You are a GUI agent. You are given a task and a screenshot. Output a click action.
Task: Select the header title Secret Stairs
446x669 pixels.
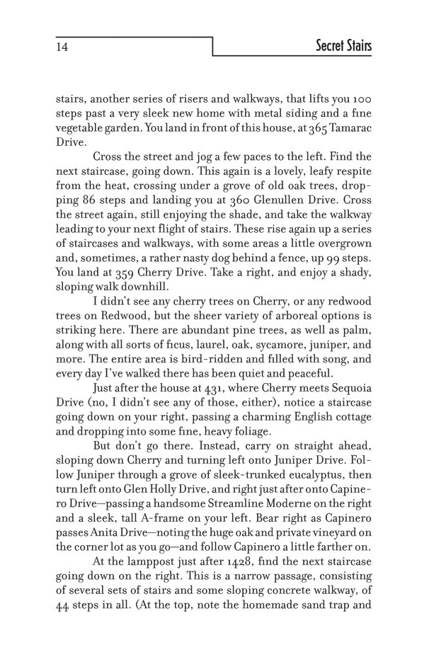(x=343, y=47)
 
